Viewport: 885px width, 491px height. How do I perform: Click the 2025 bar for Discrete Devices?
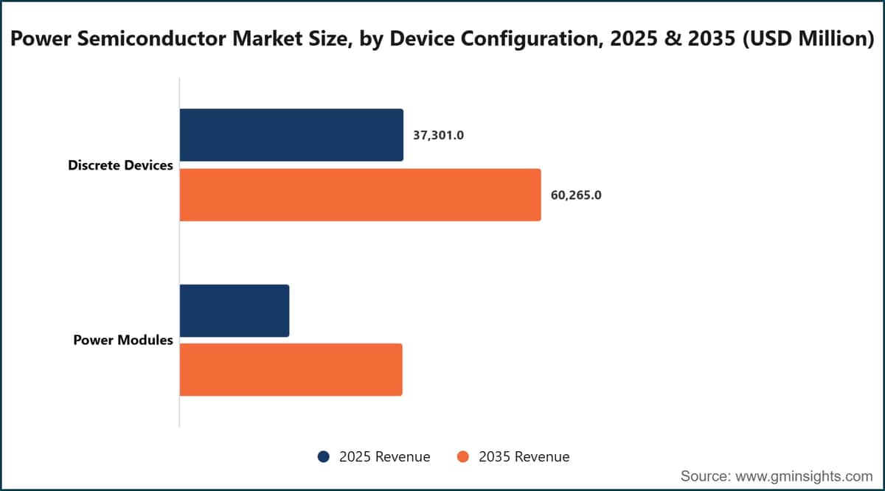291,135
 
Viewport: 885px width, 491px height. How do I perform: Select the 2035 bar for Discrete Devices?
361,195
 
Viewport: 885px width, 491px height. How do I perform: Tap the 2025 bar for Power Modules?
235,311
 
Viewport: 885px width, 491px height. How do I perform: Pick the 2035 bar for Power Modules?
291,370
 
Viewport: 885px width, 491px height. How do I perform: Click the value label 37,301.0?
439,136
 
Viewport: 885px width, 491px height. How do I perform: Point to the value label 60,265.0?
576,195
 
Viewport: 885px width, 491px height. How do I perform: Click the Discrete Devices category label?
120,165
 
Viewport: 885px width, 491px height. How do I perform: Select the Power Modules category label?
123,340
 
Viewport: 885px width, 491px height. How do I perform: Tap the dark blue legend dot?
324,456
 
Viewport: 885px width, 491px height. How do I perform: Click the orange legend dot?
462,456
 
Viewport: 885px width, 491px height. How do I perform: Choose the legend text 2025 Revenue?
384,456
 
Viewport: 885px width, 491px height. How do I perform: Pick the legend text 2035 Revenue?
524,456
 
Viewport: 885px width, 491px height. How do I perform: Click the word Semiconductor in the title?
152,39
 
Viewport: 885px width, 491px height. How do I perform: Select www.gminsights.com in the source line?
804,476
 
